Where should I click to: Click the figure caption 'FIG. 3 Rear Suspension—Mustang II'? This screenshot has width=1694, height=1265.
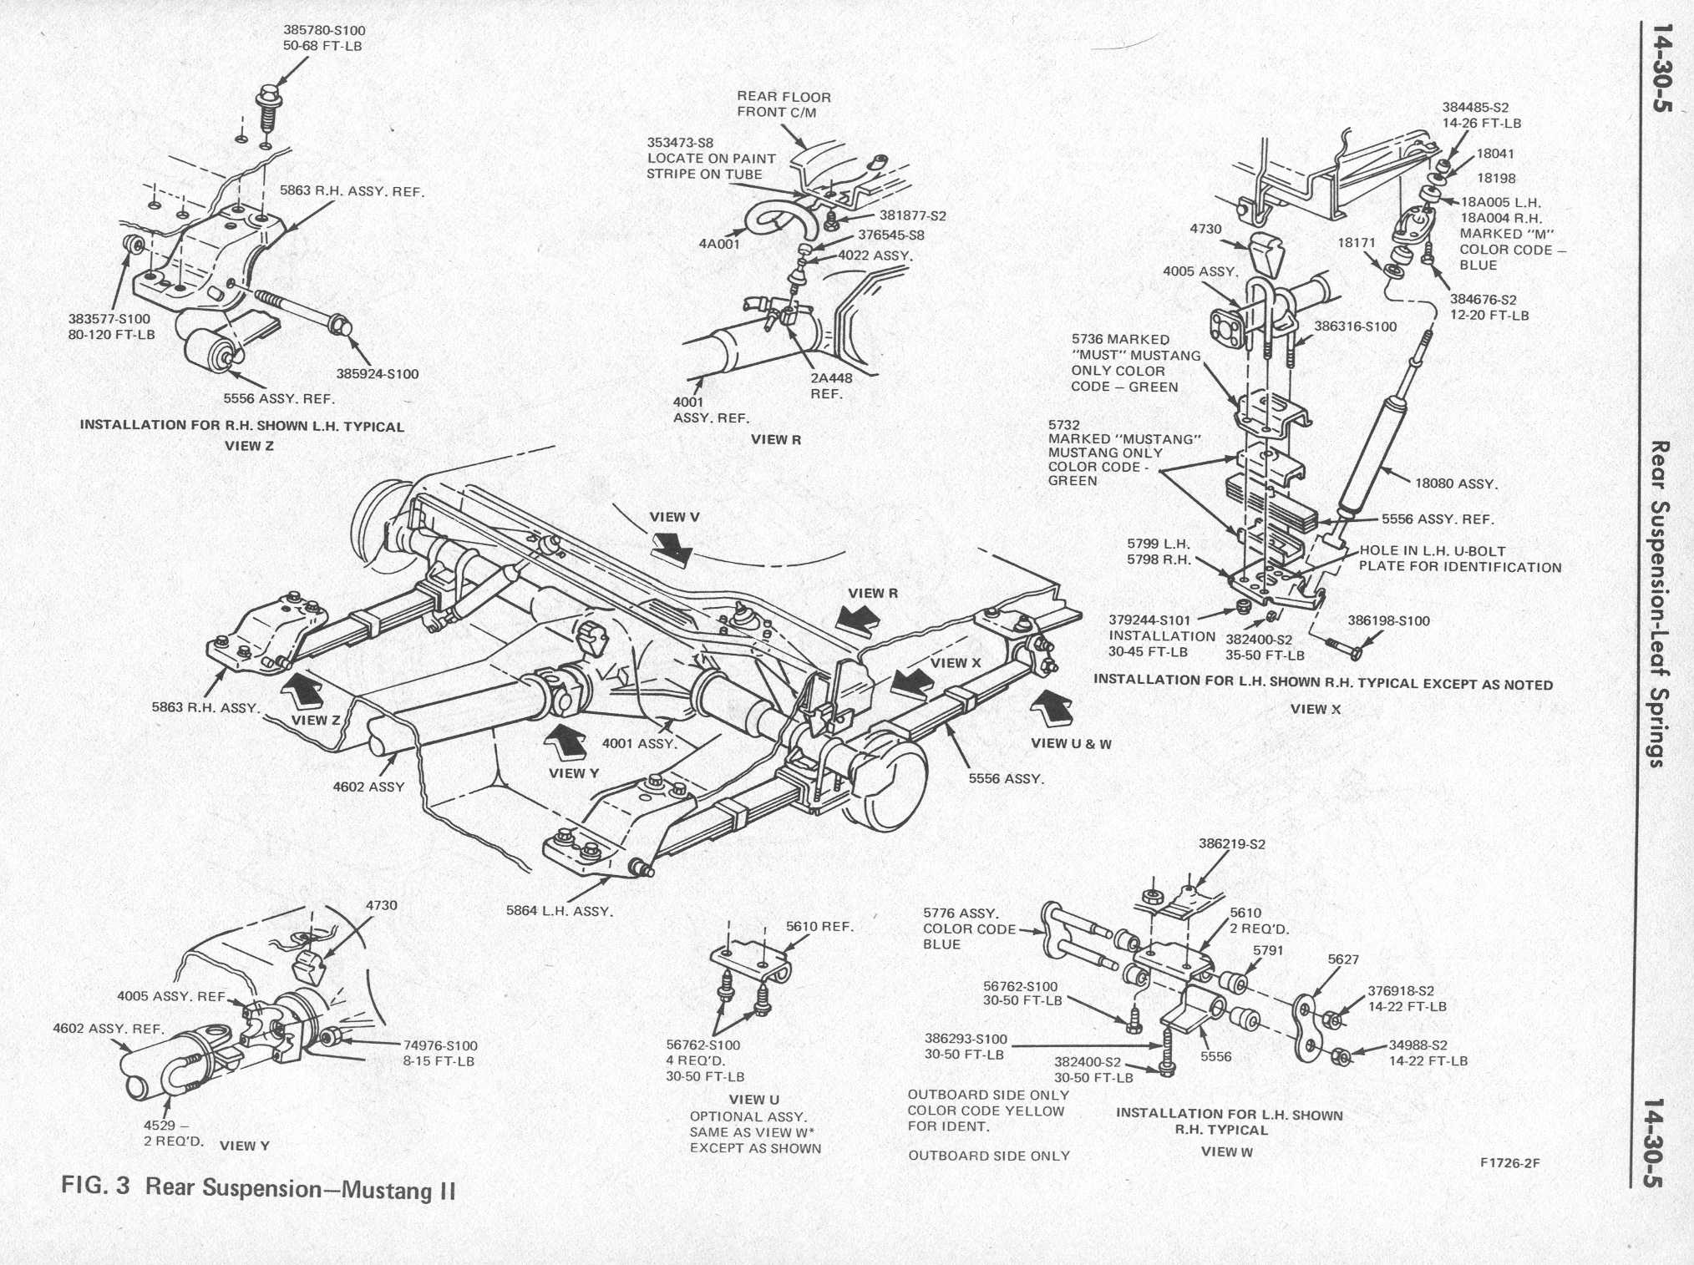coord(259,1187)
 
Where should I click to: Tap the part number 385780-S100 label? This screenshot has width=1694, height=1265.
coord(324,30)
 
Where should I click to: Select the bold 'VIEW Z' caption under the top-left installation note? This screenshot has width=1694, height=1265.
coord(249,446)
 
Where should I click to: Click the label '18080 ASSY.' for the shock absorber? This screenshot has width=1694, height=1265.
coord(1456,483)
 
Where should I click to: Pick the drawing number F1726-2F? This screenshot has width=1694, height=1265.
coord(1509,1162)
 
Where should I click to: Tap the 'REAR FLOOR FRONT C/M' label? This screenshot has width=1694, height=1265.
coord(783,104)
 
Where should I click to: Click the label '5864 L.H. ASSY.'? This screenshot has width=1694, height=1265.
coord(559,911)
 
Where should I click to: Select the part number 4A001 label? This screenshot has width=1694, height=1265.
coord(719,245)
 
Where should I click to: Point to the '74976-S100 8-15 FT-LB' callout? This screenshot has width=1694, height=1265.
coord(439,1053)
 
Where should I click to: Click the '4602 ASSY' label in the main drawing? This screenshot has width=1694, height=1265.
coord(368,787)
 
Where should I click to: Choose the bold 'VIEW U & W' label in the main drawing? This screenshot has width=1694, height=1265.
coord(1071,743)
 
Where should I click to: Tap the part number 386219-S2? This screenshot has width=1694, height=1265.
coord(1231,844)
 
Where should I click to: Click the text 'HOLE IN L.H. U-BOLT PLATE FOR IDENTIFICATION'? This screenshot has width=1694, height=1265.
coord(1459,559)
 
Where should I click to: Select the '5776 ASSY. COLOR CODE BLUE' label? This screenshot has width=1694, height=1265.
coord(969,929)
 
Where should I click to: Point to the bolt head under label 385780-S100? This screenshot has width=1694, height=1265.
coord(267,97)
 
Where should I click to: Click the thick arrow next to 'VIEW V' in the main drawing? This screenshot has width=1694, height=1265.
coord(673,548)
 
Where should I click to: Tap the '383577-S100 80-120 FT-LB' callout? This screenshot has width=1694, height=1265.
coord(111,326)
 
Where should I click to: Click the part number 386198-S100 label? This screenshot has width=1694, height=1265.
coord(1388,620)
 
